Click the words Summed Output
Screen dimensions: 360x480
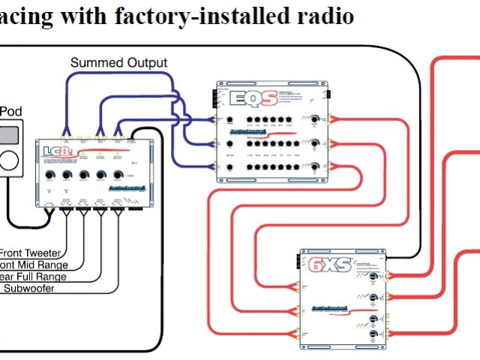(118, 63)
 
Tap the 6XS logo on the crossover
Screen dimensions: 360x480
(324, 264)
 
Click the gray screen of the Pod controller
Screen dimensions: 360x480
(9, 136)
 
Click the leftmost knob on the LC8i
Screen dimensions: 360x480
(49, 177)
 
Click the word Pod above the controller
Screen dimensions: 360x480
(10, 112)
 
